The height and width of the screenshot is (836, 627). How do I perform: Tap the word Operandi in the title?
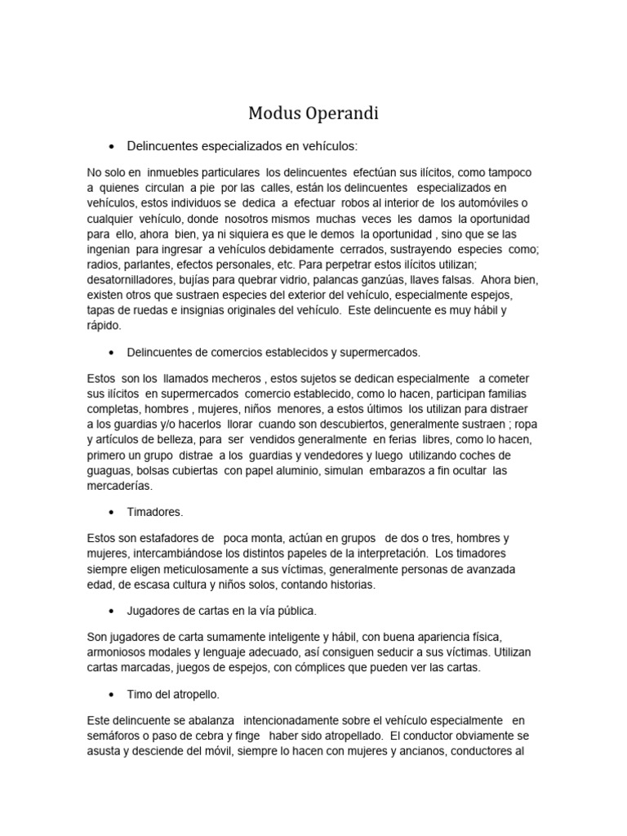(343, 113)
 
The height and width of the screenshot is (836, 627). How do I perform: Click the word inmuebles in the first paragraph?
(173, 172)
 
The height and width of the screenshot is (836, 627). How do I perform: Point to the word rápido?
(104, 325)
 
